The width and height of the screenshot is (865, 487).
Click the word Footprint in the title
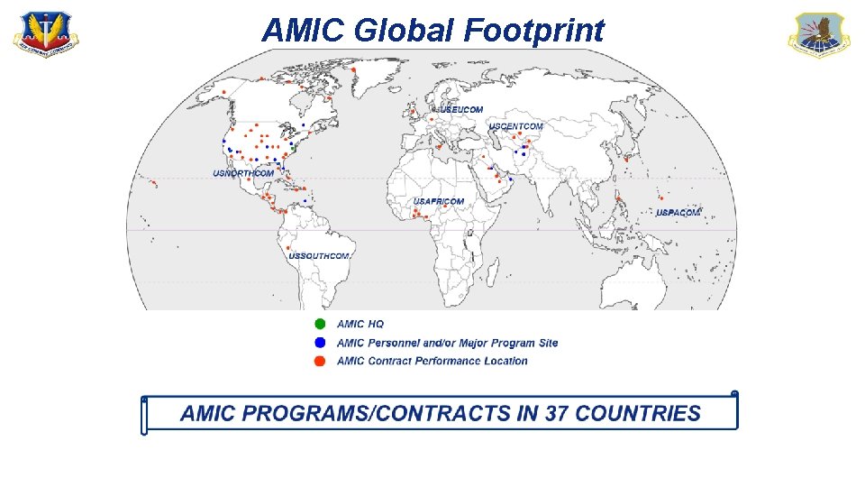[x=534, y=31]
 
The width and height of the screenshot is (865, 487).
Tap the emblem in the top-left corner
[x=45, y=35]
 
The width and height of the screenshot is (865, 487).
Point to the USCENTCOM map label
[x=516, y=126]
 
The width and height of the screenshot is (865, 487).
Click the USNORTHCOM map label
[x=243, y=173]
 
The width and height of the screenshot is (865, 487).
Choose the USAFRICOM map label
[x=439, y=201]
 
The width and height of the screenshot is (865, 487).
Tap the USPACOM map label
[x=678, y=213]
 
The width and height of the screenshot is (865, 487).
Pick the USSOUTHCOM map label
[x=319, y=256]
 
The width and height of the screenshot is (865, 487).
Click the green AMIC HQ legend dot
[x=319, y=324]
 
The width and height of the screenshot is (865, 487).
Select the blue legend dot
[x=319, y=343]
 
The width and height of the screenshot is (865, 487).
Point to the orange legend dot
[x=319, y=362]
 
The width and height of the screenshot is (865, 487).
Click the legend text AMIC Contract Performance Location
[x=432, y=362]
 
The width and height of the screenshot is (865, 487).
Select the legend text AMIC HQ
[x=360, y=324]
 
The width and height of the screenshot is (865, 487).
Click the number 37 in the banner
[x=554, y=414]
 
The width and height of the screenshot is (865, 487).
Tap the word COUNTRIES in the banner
[x=637, y=414]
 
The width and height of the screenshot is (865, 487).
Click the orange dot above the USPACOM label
[x=662, y=198]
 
